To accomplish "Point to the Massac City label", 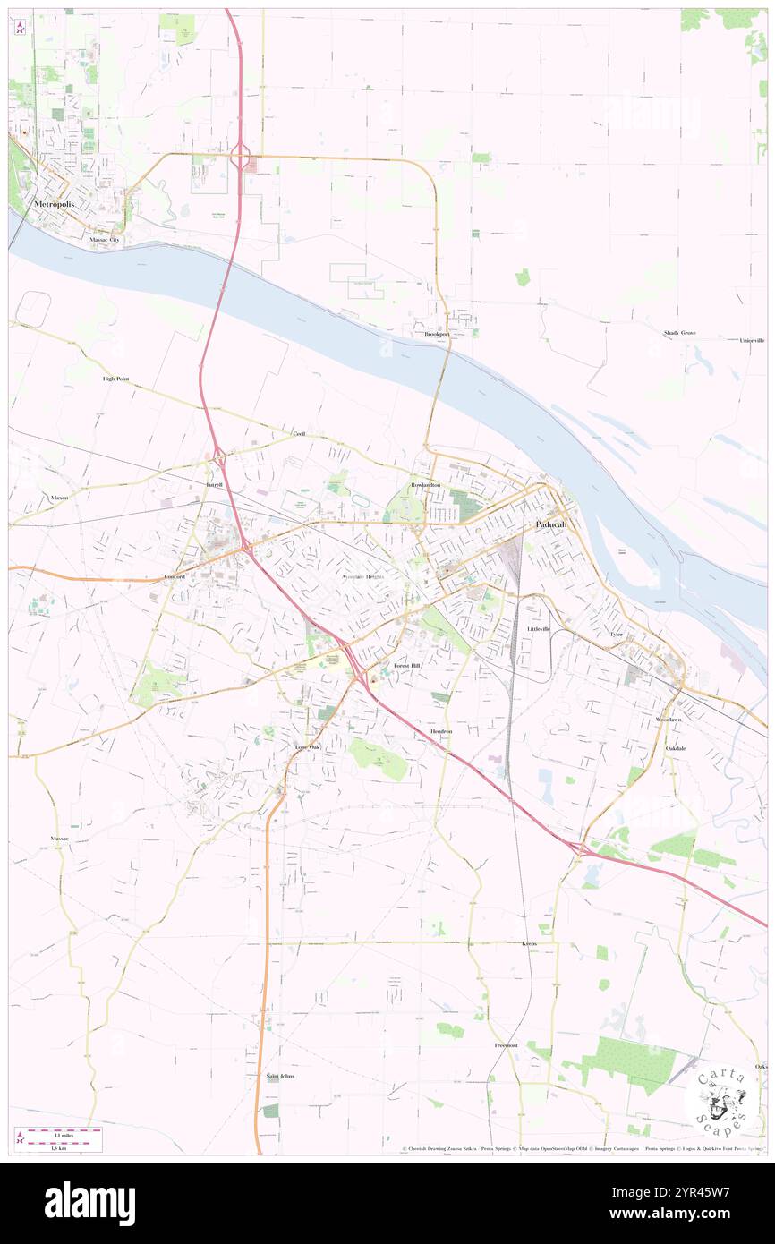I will (104, 240).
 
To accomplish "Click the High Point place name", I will (115, 379).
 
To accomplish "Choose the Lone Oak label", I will (307, 746).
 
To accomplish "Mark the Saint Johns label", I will (280, 1076).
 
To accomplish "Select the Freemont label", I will (506, 1045).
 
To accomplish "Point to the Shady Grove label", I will (679, 333).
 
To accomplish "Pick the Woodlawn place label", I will (668, 720).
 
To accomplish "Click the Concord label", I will (174, 577).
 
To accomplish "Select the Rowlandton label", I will (425, 484).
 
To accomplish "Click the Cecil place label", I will (299, 433).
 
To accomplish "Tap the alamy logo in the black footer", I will (89, 1203).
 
